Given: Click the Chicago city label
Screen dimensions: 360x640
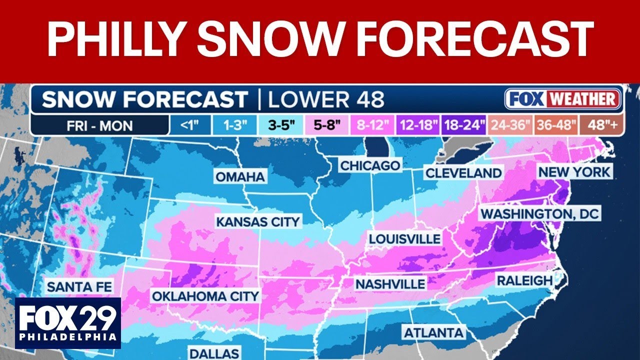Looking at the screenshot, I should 370,165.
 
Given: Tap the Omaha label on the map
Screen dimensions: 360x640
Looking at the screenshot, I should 240,176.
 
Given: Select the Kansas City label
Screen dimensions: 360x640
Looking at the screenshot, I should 258,221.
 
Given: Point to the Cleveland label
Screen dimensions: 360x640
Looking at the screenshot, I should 463,173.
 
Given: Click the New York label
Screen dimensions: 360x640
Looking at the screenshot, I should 574,172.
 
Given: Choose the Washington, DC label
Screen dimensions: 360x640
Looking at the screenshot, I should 539,214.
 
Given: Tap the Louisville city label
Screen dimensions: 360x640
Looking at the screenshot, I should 405,238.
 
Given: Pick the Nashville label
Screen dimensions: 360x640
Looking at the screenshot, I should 390,284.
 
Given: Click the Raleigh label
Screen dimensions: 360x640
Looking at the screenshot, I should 524,280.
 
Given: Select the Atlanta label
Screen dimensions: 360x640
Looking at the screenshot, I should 434,332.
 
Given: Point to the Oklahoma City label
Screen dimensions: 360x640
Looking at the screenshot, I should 205,296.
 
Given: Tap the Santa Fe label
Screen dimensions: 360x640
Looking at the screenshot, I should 79,287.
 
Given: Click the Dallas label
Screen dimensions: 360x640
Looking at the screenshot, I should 214,353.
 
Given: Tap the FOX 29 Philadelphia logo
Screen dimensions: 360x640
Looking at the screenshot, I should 68,323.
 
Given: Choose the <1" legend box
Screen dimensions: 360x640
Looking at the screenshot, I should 187,124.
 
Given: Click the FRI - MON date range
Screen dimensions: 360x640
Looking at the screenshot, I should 100,124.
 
